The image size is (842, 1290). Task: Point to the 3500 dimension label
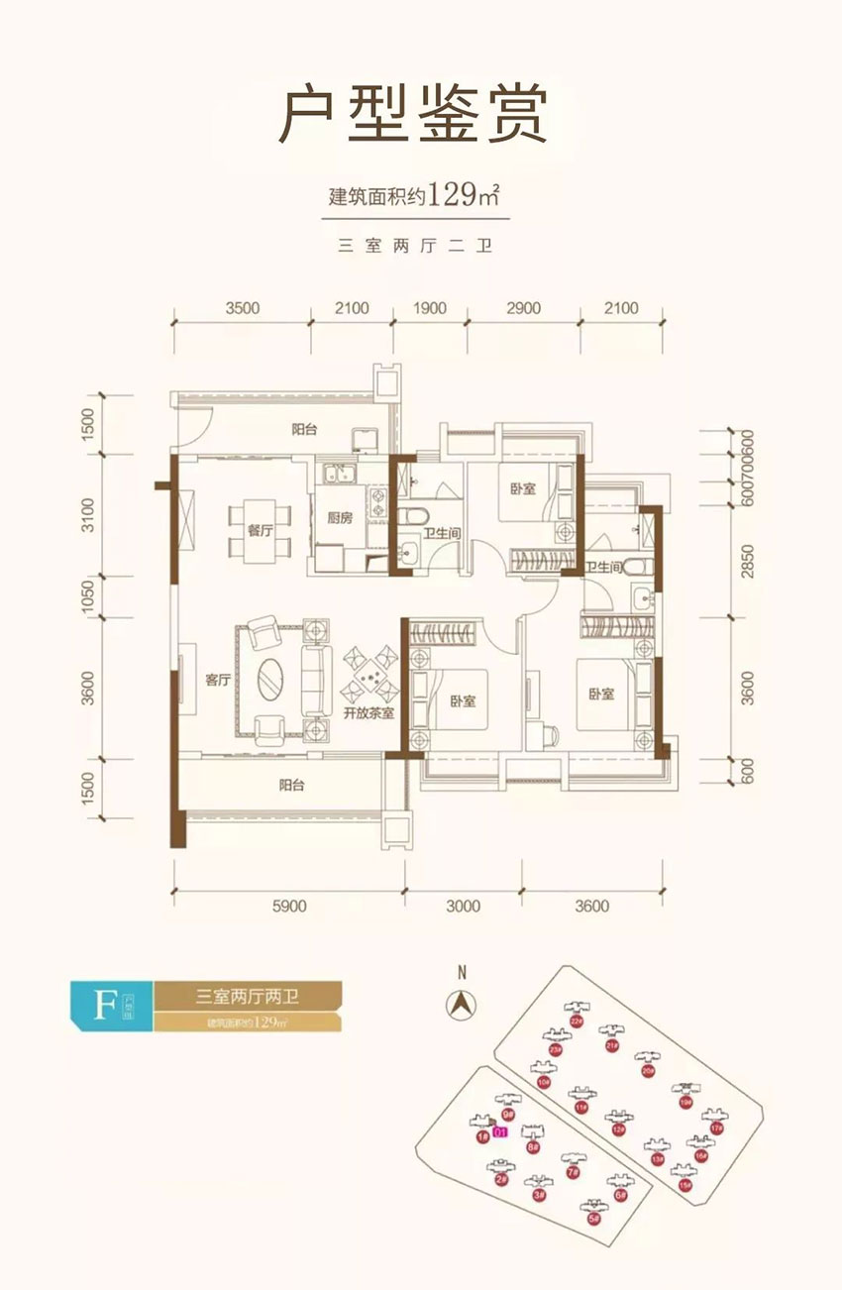point(242,308)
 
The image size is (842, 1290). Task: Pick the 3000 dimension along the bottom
point(463,906)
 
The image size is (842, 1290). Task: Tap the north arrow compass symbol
point(461,1004)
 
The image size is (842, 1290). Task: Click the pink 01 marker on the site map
point(500,1131)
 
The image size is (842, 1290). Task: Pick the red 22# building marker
point(577,1021)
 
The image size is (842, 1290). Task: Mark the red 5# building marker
point(593,1220)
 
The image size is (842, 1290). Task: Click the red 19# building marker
point(684,1102)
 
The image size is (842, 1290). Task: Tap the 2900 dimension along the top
point(523,308)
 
